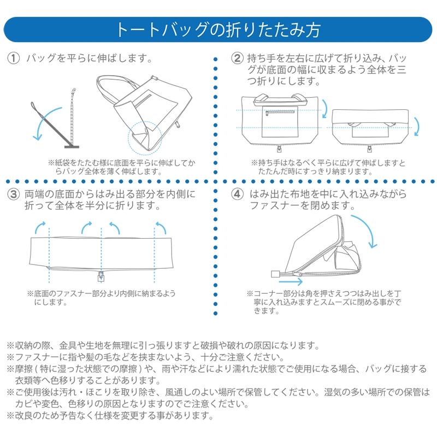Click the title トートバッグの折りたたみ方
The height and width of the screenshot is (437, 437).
(218, 29)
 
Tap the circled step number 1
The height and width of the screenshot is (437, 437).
(14, 58)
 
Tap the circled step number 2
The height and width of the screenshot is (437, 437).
(237, 58)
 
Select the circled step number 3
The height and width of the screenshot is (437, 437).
(14, 194)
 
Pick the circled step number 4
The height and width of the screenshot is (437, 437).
(237, 194)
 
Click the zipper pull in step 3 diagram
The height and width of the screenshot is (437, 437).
(101, 275)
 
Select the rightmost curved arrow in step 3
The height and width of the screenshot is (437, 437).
(160, 225)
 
